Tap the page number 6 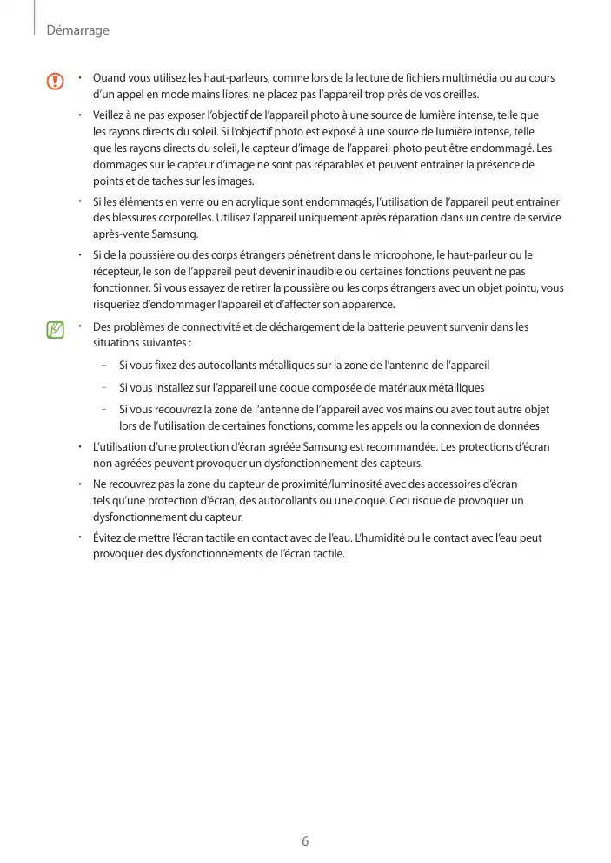(x=305, y=840)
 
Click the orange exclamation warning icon (x=56, y=82)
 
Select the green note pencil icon (x=56, y=330)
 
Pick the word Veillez (x=110, y=115)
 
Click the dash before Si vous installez (x=104, y=387)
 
